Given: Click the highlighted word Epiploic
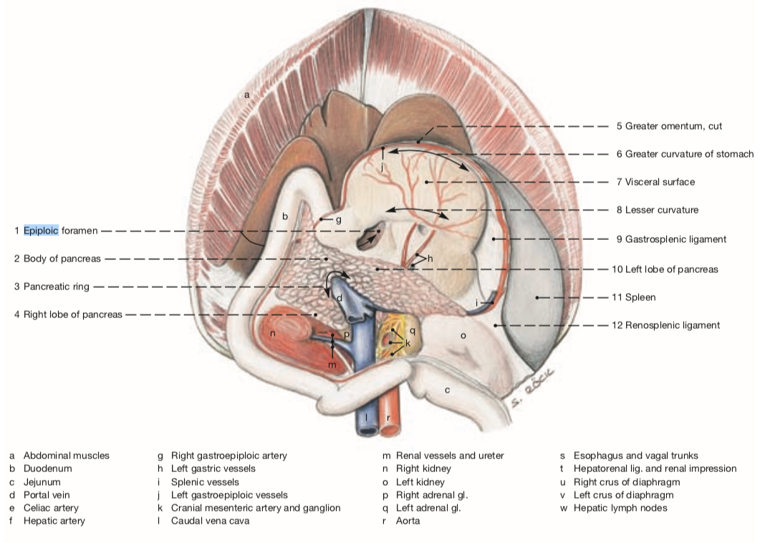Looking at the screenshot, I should (x=41, y=231).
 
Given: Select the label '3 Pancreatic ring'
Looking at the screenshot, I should (x=56, y=287).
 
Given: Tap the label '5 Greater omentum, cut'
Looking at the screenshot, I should (x=669, y=126).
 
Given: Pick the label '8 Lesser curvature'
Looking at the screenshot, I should (x=657, y=210).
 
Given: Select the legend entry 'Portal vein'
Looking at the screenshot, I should (x=47, y=495).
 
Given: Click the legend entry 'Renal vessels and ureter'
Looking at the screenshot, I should (x=450, y=456).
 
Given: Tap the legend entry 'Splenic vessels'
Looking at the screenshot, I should (x=205, y=482).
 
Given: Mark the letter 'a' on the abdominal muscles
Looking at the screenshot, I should (x=246, y=95).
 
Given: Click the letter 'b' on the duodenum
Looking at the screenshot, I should (x=284, y=216).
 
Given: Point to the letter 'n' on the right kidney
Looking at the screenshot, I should (x=272, y=333).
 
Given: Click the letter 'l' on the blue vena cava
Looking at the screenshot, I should (x=367, y=417).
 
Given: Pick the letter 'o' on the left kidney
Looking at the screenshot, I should (x=463, y=335).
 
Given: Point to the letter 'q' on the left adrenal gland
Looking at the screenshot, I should (x=413, y=330).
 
